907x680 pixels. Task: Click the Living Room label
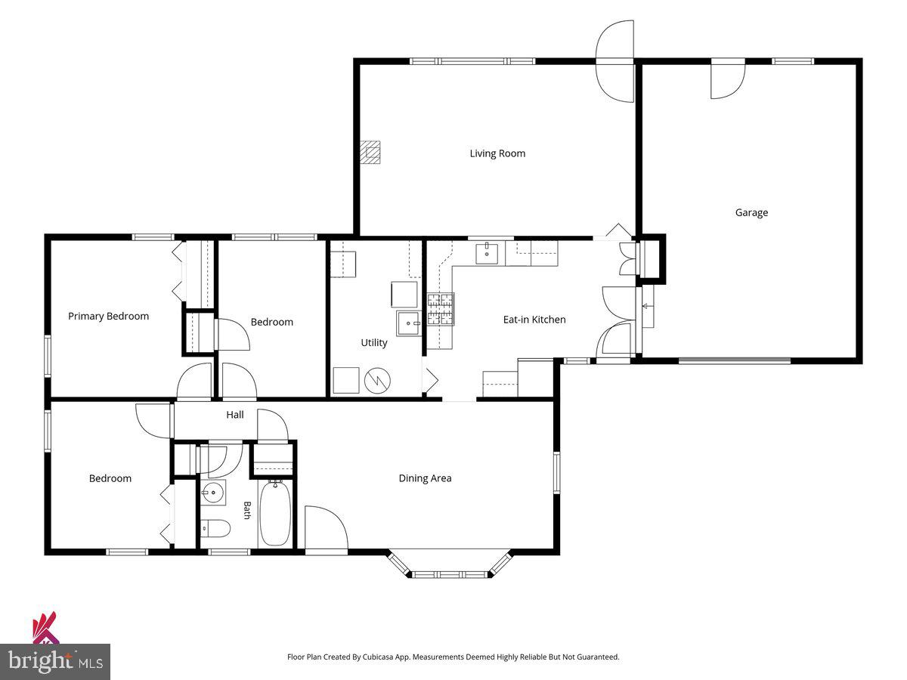497,153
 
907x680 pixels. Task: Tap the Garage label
751,212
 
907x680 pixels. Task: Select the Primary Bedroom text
108,317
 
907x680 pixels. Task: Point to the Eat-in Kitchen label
534,320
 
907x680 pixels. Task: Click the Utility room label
374,343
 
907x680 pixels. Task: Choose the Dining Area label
426,478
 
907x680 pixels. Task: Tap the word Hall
235,415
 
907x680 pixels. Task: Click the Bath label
247,510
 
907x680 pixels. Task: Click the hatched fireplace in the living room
370,153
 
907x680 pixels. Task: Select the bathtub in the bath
275,514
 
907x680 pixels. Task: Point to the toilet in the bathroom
215,528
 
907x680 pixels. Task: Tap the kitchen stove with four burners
441,309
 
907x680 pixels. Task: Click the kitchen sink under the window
487,253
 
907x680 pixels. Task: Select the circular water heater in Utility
378,381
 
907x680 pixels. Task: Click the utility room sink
408,323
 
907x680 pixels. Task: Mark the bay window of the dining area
450,564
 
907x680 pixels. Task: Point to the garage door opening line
734,361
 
